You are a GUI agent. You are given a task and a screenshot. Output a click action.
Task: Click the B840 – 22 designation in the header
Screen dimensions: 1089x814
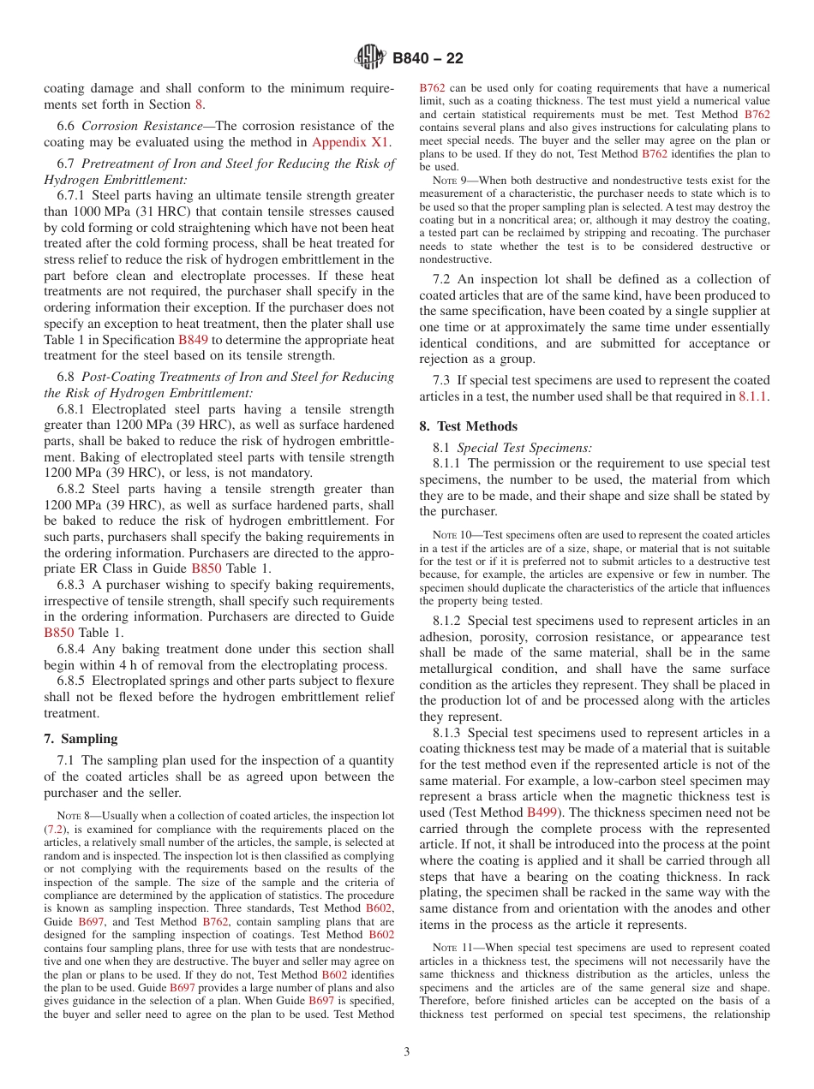pyautogui.click(x=428, y=58)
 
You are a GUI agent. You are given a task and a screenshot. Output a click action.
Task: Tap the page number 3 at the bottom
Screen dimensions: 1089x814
pyautogui.click(x=407, y=1051)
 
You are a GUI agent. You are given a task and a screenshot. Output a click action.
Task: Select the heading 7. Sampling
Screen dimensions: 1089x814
pyautogui.click(x=81, y=739)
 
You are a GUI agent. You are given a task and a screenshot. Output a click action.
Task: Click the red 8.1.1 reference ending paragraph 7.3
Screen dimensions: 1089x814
pyautogui.click(x=753, y=396)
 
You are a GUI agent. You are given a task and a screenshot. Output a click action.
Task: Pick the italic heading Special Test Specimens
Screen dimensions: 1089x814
pyautogui.click(x=524, y=447)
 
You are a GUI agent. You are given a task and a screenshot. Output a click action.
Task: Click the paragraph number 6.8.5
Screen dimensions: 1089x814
pyautogui.click(x=73, y=681)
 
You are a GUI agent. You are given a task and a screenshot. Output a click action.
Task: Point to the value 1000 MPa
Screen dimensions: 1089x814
pyautogui.click(x=91, y=211)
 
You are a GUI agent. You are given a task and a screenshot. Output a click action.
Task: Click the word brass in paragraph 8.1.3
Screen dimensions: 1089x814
pyautogui.click(x=528, y=796)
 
